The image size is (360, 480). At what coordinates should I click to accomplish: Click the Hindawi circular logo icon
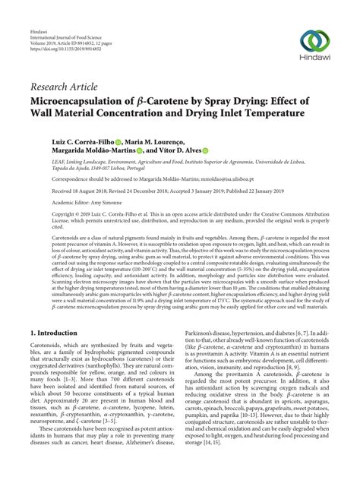pos(314,39)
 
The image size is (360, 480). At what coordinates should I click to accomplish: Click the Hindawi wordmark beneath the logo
pos(314,59)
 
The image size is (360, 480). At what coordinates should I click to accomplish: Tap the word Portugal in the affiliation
pos(125,166)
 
